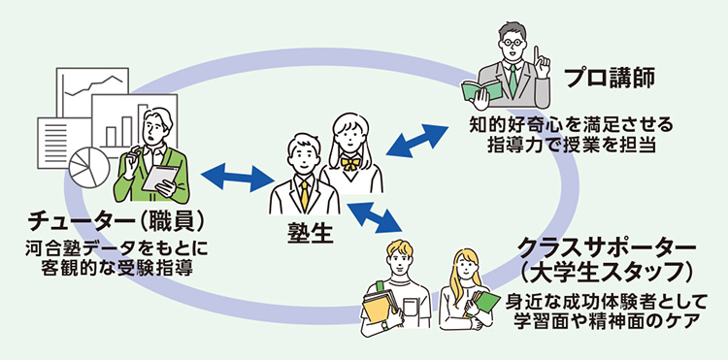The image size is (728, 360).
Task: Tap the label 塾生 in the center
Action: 309,234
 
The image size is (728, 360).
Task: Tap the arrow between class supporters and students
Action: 374,217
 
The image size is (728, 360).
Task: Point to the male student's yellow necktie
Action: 304,192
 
